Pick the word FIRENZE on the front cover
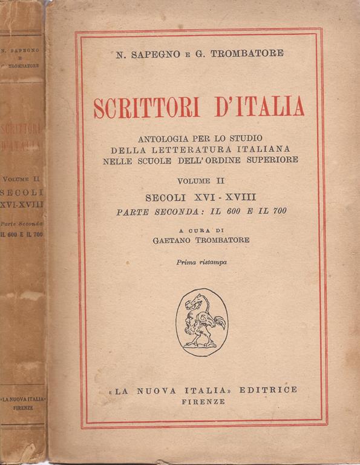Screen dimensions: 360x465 [x=203, y=401]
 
